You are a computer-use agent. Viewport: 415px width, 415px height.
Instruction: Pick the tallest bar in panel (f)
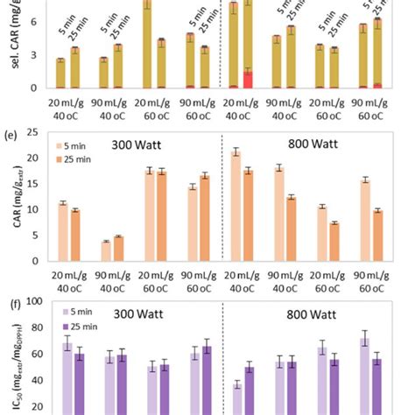pyautogui.click(x=364, y=376)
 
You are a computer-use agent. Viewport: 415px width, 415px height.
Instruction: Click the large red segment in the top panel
pyautogui.click(x=248, y=80)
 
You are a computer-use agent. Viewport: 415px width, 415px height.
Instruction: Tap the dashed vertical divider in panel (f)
pyautogui.click(x=223, y=359)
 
